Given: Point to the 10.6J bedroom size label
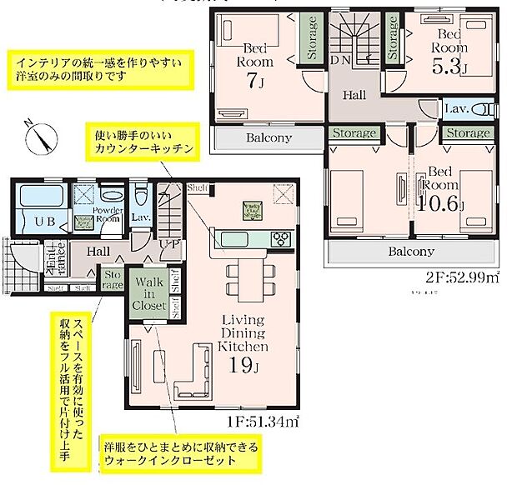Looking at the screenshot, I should [441, 204].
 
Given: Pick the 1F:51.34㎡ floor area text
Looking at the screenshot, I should [260, 423].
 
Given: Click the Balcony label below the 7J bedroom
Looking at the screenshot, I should [268, 137].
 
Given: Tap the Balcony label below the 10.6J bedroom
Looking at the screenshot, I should [409, 251].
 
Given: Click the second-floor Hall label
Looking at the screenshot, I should [354, 96].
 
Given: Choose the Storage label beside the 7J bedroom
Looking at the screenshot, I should [311, 37].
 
